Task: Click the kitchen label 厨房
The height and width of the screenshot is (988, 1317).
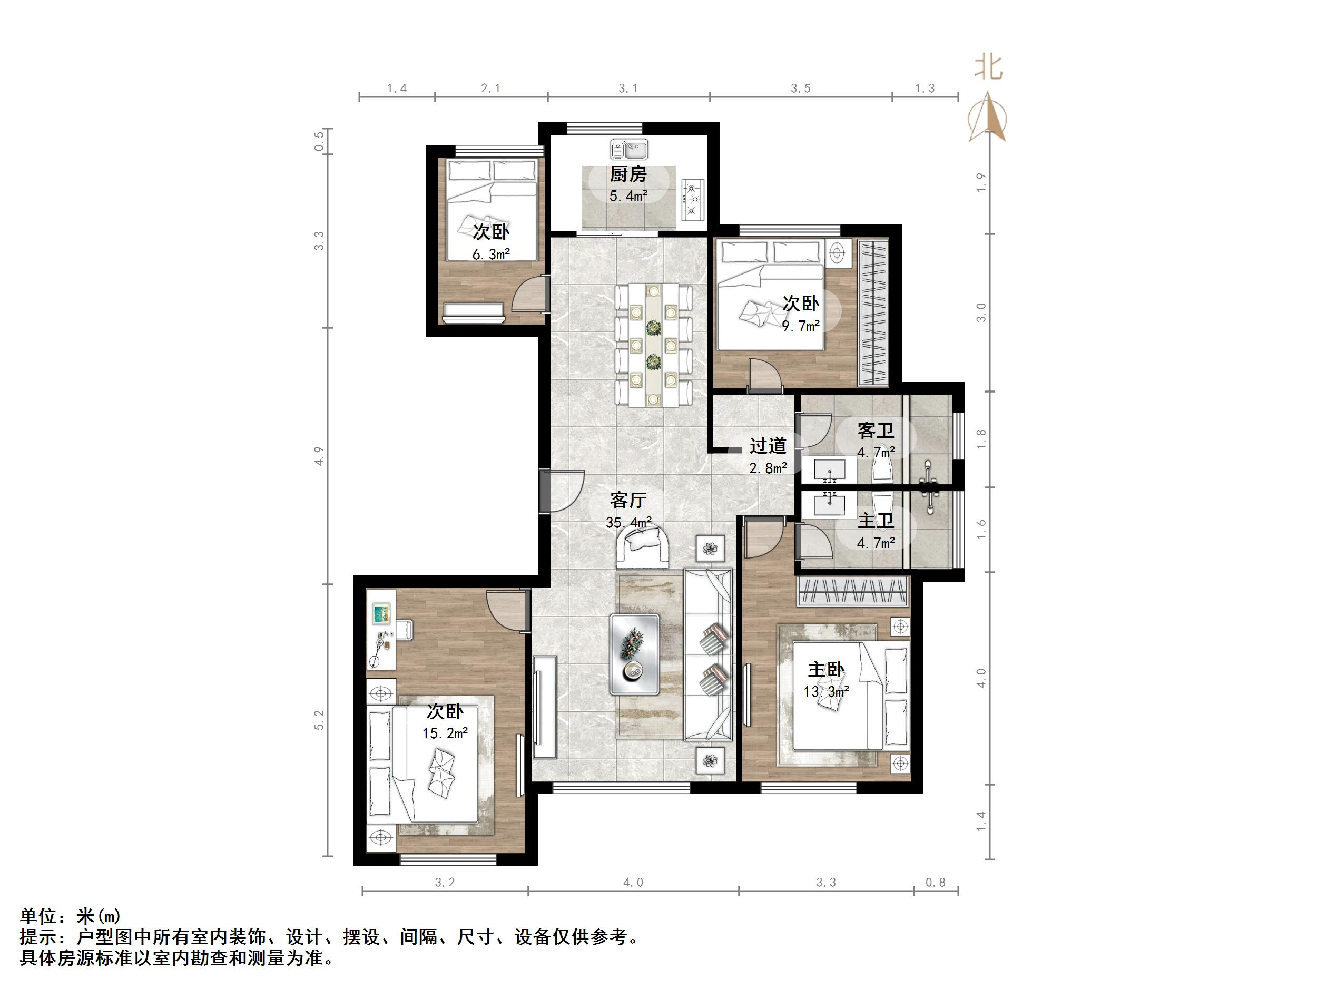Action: (x=627, y=174)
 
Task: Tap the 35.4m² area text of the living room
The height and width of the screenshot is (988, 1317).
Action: (x=628, y=523)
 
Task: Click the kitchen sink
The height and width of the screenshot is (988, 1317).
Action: (x=628, y=149)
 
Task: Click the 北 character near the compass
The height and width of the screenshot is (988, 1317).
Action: (x=988, y=68)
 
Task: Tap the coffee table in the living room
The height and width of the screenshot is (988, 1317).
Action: (x=634, y=654)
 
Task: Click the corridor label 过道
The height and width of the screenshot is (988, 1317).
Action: (x=768, y=445)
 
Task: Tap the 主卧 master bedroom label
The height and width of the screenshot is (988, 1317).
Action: (x=826, y=669)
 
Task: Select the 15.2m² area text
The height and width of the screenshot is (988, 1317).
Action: (x=445, y=733)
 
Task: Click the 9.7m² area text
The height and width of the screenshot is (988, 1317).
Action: (x=800, y=326)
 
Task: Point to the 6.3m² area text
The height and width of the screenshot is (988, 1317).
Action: (x=490, y=255)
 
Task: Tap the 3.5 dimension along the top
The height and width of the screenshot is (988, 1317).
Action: (x=800, y=89)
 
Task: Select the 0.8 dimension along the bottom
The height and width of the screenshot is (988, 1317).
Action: (x=936, y=883)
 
